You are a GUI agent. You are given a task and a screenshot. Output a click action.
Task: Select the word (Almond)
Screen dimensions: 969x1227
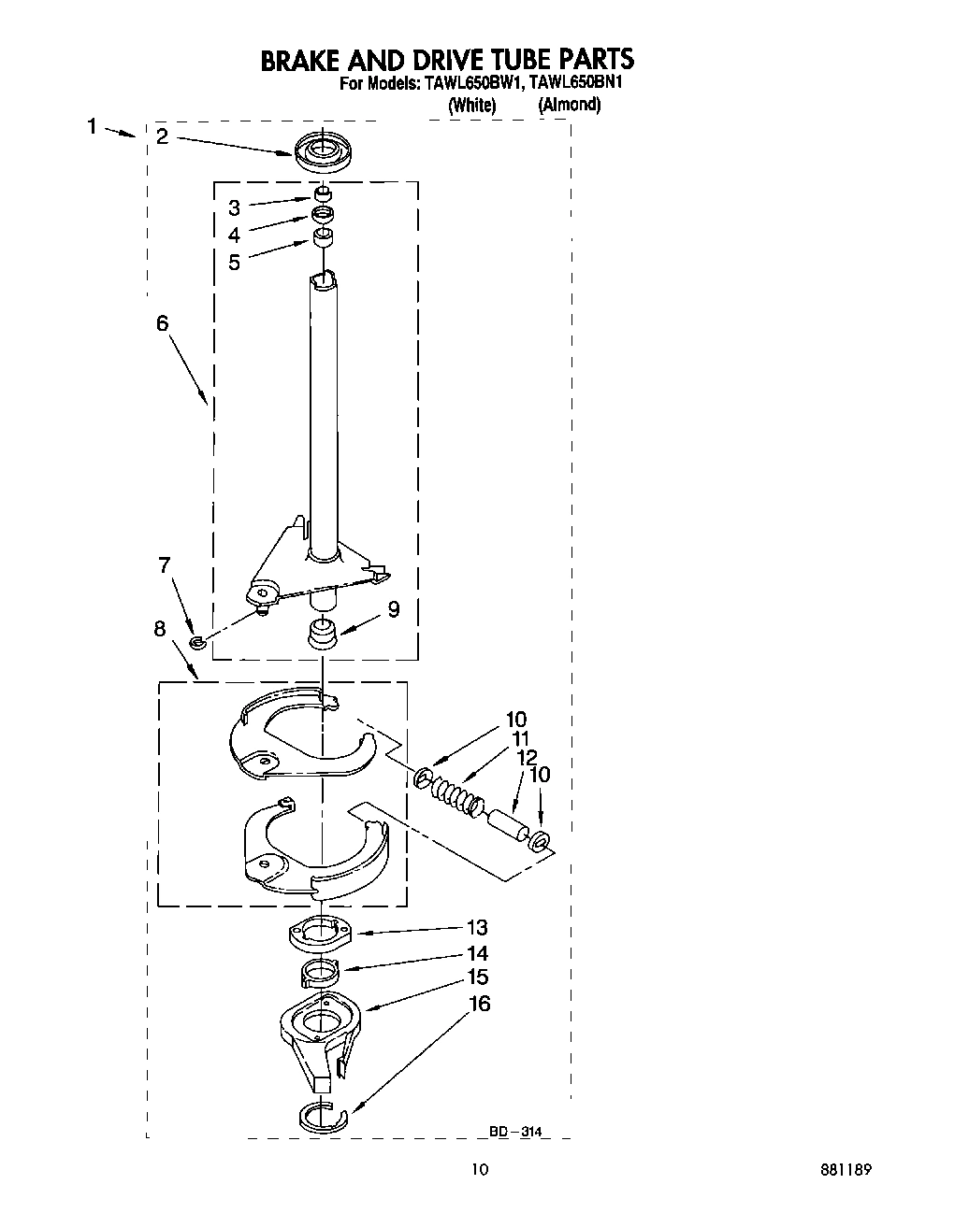coord(569,105)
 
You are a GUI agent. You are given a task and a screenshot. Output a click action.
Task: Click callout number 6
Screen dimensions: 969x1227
coord(162,322)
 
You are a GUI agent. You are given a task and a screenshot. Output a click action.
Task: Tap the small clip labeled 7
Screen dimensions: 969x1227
coord(196,642)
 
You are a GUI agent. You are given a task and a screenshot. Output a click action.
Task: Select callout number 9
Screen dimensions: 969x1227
coord(393,609)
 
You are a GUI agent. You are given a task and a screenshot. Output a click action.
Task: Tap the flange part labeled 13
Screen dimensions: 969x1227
coord(320,932)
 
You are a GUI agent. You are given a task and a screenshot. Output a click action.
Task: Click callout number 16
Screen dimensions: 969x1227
coord(479,1004)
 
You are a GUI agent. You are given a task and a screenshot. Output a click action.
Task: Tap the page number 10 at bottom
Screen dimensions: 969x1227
coord(480,1169)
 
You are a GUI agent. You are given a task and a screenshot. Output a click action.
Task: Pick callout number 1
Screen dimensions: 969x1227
coord(92,125)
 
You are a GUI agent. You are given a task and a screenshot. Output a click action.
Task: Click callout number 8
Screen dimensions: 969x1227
coord(160,629)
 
